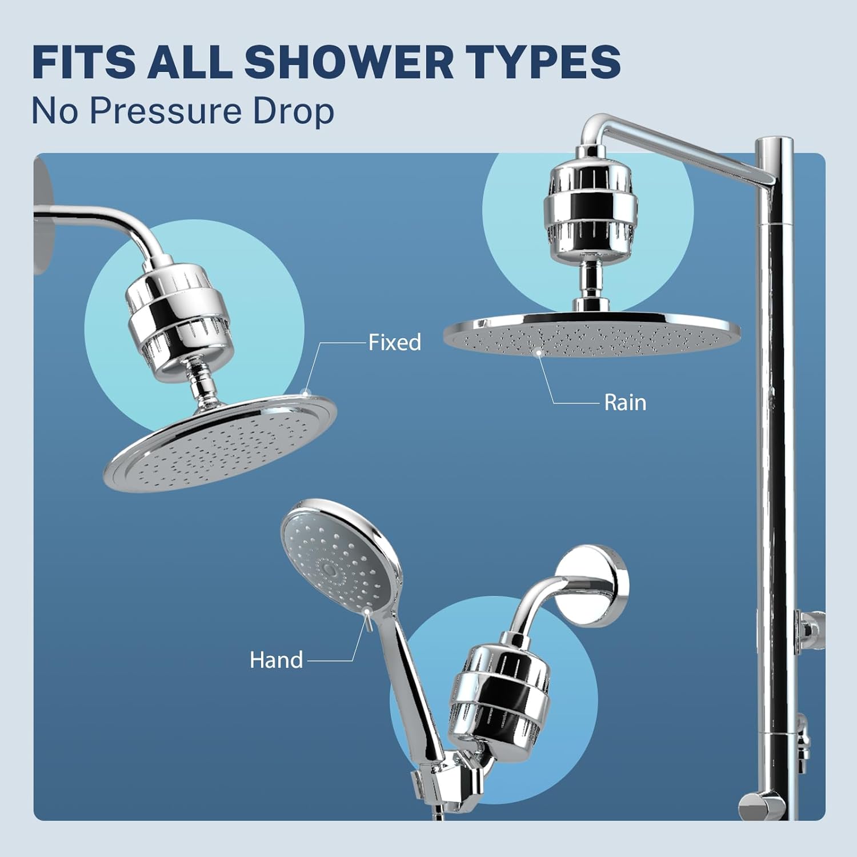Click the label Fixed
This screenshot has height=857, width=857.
click(x=394, y=342)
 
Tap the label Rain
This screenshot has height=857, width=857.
click(x=625, y=403)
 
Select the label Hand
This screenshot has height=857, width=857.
click(x=276, y=660)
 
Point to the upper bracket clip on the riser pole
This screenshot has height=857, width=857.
click(x=811, y=628)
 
